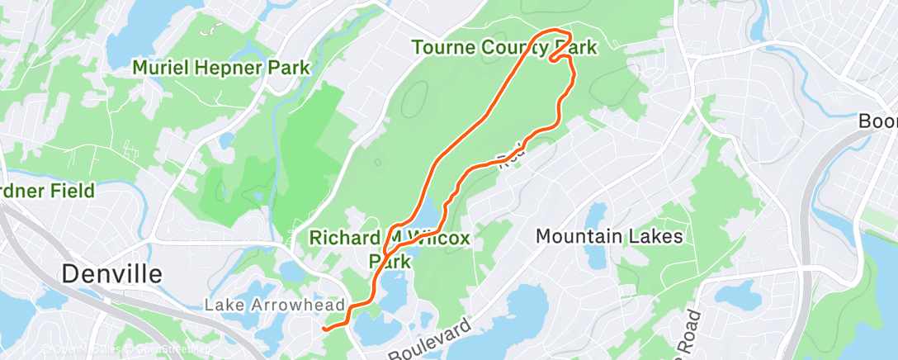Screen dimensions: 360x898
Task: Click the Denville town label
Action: coord(112,273)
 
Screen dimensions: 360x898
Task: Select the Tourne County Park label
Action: coord(503,49)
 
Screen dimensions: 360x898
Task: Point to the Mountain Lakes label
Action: coord(609,237)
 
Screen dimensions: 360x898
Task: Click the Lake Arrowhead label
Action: coord(274,306)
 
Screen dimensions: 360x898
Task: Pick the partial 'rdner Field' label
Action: coord(47,192)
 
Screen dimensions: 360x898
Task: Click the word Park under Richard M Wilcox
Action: coord(389,260)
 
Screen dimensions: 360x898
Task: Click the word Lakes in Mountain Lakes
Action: coord(653,237)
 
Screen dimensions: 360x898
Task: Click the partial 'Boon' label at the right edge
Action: coord(878,121)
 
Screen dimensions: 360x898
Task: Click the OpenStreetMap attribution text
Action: coord(163,350)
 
